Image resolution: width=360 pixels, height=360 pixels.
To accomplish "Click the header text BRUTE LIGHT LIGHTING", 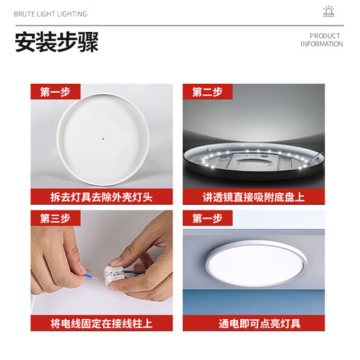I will point(51,13).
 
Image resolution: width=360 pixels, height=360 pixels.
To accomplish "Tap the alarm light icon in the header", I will point(329,12).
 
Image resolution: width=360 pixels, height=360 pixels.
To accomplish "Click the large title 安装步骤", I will point(57,42).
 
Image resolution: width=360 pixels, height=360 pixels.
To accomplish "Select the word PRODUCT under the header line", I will point(325,36).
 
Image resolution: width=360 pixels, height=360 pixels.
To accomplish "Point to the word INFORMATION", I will point(321,44).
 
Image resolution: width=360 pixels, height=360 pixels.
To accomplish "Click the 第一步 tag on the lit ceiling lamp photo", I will point(207,218).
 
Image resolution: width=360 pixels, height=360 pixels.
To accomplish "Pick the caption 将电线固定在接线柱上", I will point(102,323).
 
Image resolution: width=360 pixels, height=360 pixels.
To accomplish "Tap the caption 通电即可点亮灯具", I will point(253,323).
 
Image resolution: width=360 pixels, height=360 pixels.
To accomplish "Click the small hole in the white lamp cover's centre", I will point(102,136).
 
